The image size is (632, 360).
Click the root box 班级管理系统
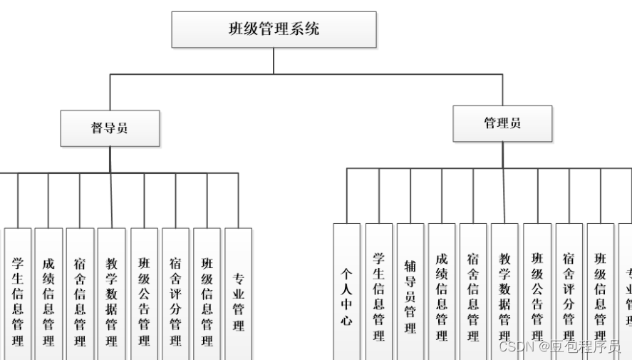click(274, 30)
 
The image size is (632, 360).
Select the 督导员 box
click(110, 128)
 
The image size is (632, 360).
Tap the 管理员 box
click(502, 123)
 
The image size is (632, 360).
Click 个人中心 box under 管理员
click(347, 292)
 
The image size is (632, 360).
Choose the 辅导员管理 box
click(410, 292)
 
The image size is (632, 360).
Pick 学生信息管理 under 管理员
click(379, 292)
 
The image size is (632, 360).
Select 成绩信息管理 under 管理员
click(442, 292)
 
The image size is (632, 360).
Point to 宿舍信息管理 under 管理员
click(473, 292)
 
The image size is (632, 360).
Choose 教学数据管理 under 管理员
click(504, 292)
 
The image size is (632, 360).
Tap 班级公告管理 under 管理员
click(537, 292)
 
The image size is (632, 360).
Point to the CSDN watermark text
click(559, 347)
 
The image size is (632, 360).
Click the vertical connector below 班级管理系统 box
click(274, 61)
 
